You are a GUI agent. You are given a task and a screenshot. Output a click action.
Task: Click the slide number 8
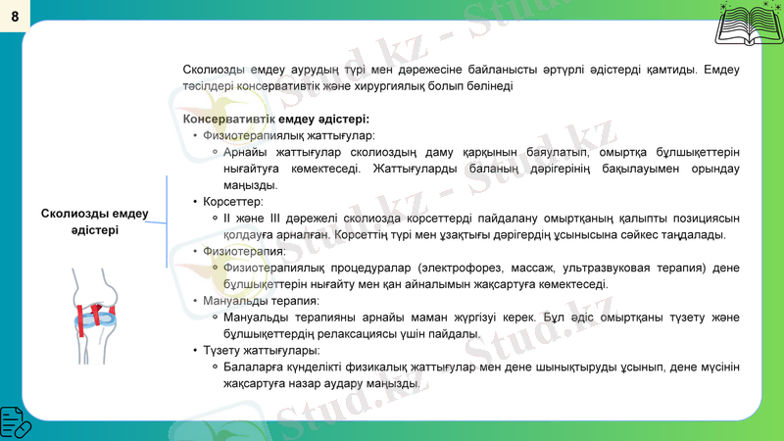(15, 16)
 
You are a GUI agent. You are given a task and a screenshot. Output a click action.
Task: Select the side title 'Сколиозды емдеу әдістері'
(95, 221)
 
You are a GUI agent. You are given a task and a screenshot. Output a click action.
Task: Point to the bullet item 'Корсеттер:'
(227, 201)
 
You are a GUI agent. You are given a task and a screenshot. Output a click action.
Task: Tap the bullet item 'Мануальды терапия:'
(261, 301)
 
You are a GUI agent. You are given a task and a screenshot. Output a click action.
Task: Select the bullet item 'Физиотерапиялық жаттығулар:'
(289, 135)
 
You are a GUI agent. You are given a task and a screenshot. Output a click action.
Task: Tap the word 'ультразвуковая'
(614, 268)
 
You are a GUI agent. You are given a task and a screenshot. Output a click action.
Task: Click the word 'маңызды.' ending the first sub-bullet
(251, 185)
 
